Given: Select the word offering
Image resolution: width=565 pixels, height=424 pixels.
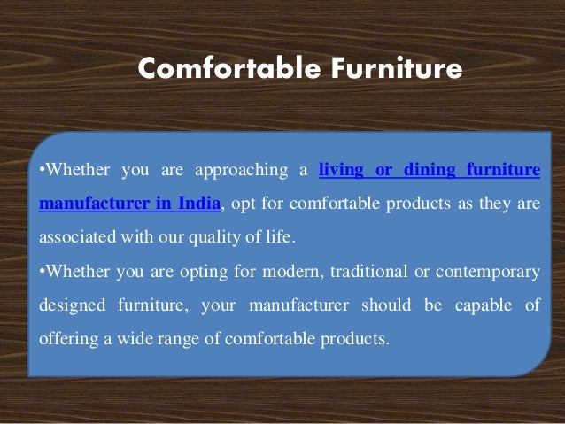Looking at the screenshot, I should click(x=67, y=338).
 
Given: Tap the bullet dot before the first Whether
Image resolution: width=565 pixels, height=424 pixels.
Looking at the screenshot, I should click(x=43, y=171).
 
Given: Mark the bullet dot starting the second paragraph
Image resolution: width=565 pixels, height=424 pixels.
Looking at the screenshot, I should click(x=43, y=272).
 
